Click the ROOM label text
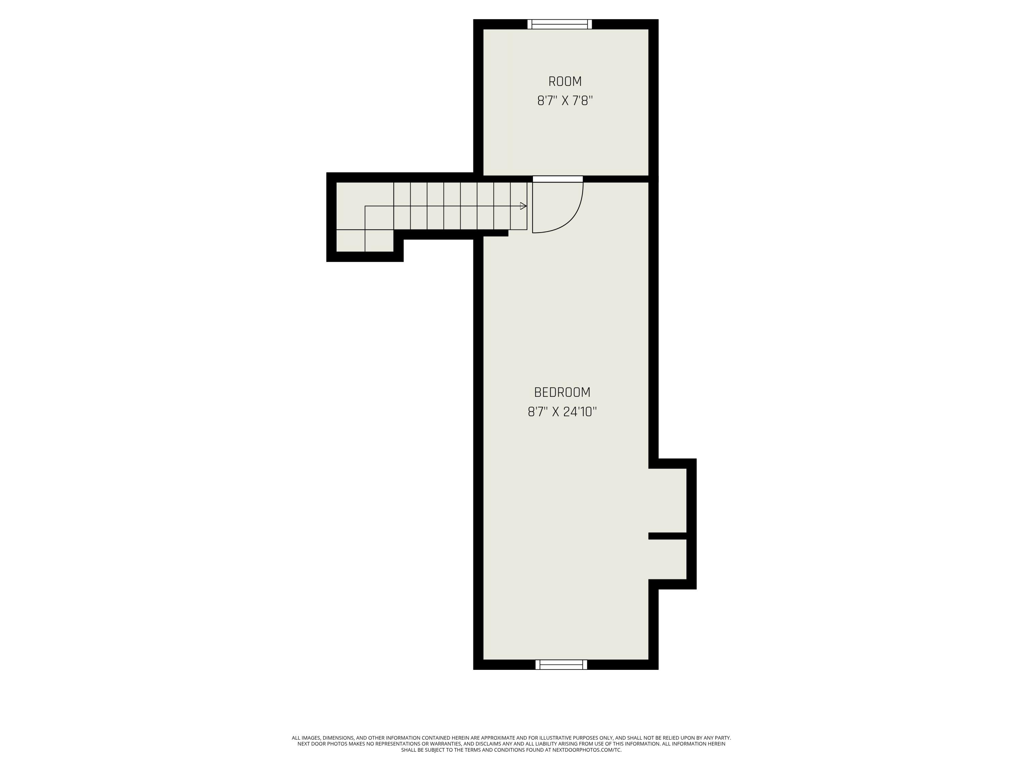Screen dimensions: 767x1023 pyautogui.click(x=565, y=82)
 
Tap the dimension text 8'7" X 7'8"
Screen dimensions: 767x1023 pyautogui.click(x=565, y=101)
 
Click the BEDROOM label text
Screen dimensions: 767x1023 pyautogui.click(x=562, y=392)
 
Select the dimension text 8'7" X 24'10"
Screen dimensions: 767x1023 pyautogui.click(x=562, y=412)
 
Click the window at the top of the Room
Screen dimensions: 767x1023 pyautogui.click(x=560, y=24)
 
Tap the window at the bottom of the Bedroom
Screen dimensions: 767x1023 pyautogui.click(x=561, y=664)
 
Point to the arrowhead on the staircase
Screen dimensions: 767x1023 pyautogui.click(x=523, y=206)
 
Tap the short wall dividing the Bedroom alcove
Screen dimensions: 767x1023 pyautogui.click(x=667, y=536)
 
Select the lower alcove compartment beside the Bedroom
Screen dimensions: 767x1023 pyautogui.click(x=667, y=559)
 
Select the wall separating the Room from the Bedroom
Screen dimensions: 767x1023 pyautogui.click(x=615, y=179)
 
